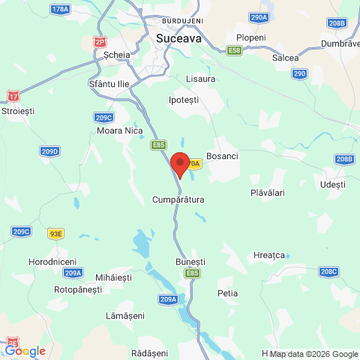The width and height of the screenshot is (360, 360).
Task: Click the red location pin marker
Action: (x=179, y=163)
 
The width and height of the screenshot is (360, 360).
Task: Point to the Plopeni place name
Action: (x=250, y=37)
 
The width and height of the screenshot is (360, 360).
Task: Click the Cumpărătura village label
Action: (x=178, y=200)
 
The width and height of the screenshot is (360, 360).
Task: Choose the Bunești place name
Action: (x=190, y=261)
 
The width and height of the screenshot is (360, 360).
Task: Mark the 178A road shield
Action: (x=60, y=9)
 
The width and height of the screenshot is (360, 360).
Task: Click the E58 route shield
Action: (x=235, y=50)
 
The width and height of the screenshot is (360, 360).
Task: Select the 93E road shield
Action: (x=55, y=234)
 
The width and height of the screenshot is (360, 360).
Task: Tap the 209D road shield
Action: (x=49, y=151)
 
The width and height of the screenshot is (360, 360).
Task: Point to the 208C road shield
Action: (x=328, y=271)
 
